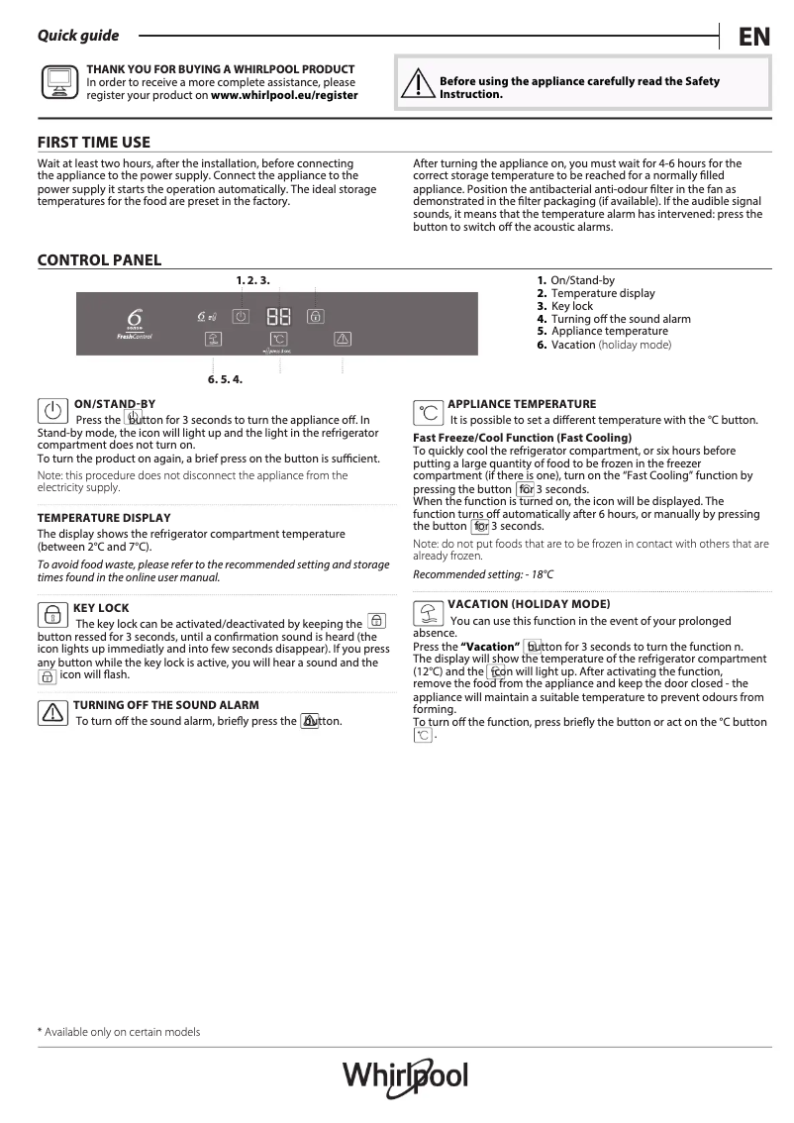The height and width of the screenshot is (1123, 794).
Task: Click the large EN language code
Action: (x=753, y=37)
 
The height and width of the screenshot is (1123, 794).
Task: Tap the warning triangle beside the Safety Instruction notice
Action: (x=418, y=85)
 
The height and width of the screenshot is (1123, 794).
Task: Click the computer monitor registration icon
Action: (x=58, y=83)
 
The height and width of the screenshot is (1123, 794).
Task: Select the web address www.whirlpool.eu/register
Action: (x=284, y=96)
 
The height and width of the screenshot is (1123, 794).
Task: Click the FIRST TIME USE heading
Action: (x=94, y=143)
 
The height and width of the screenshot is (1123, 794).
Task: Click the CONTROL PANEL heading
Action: (x=99, y=260)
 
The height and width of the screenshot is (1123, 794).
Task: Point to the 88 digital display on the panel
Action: (x=278, y=317)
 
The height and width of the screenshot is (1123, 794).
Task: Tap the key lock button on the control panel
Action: (x=315, y=317)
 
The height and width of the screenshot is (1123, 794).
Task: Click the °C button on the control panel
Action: (x=278, y=340)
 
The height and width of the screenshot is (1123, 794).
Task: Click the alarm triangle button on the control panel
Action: (x=342, y=340)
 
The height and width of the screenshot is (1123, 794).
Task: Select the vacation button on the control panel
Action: (x=213, y=340)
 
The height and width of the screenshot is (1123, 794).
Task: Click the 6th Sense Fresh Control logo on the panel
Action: (x=134, y=323)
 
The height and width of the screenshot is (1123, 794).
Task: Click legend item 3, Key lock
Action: (x=571, y=306)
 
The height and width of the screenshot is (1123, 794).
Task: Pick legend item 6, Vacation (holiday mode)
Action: (x=610, y=345)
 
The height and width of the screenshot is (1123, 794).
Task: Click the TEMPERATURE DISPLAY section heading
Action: (x=104, y=518)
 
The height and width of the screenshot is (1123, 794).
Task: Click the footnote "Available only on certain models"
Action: (x=122, y=1032)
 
